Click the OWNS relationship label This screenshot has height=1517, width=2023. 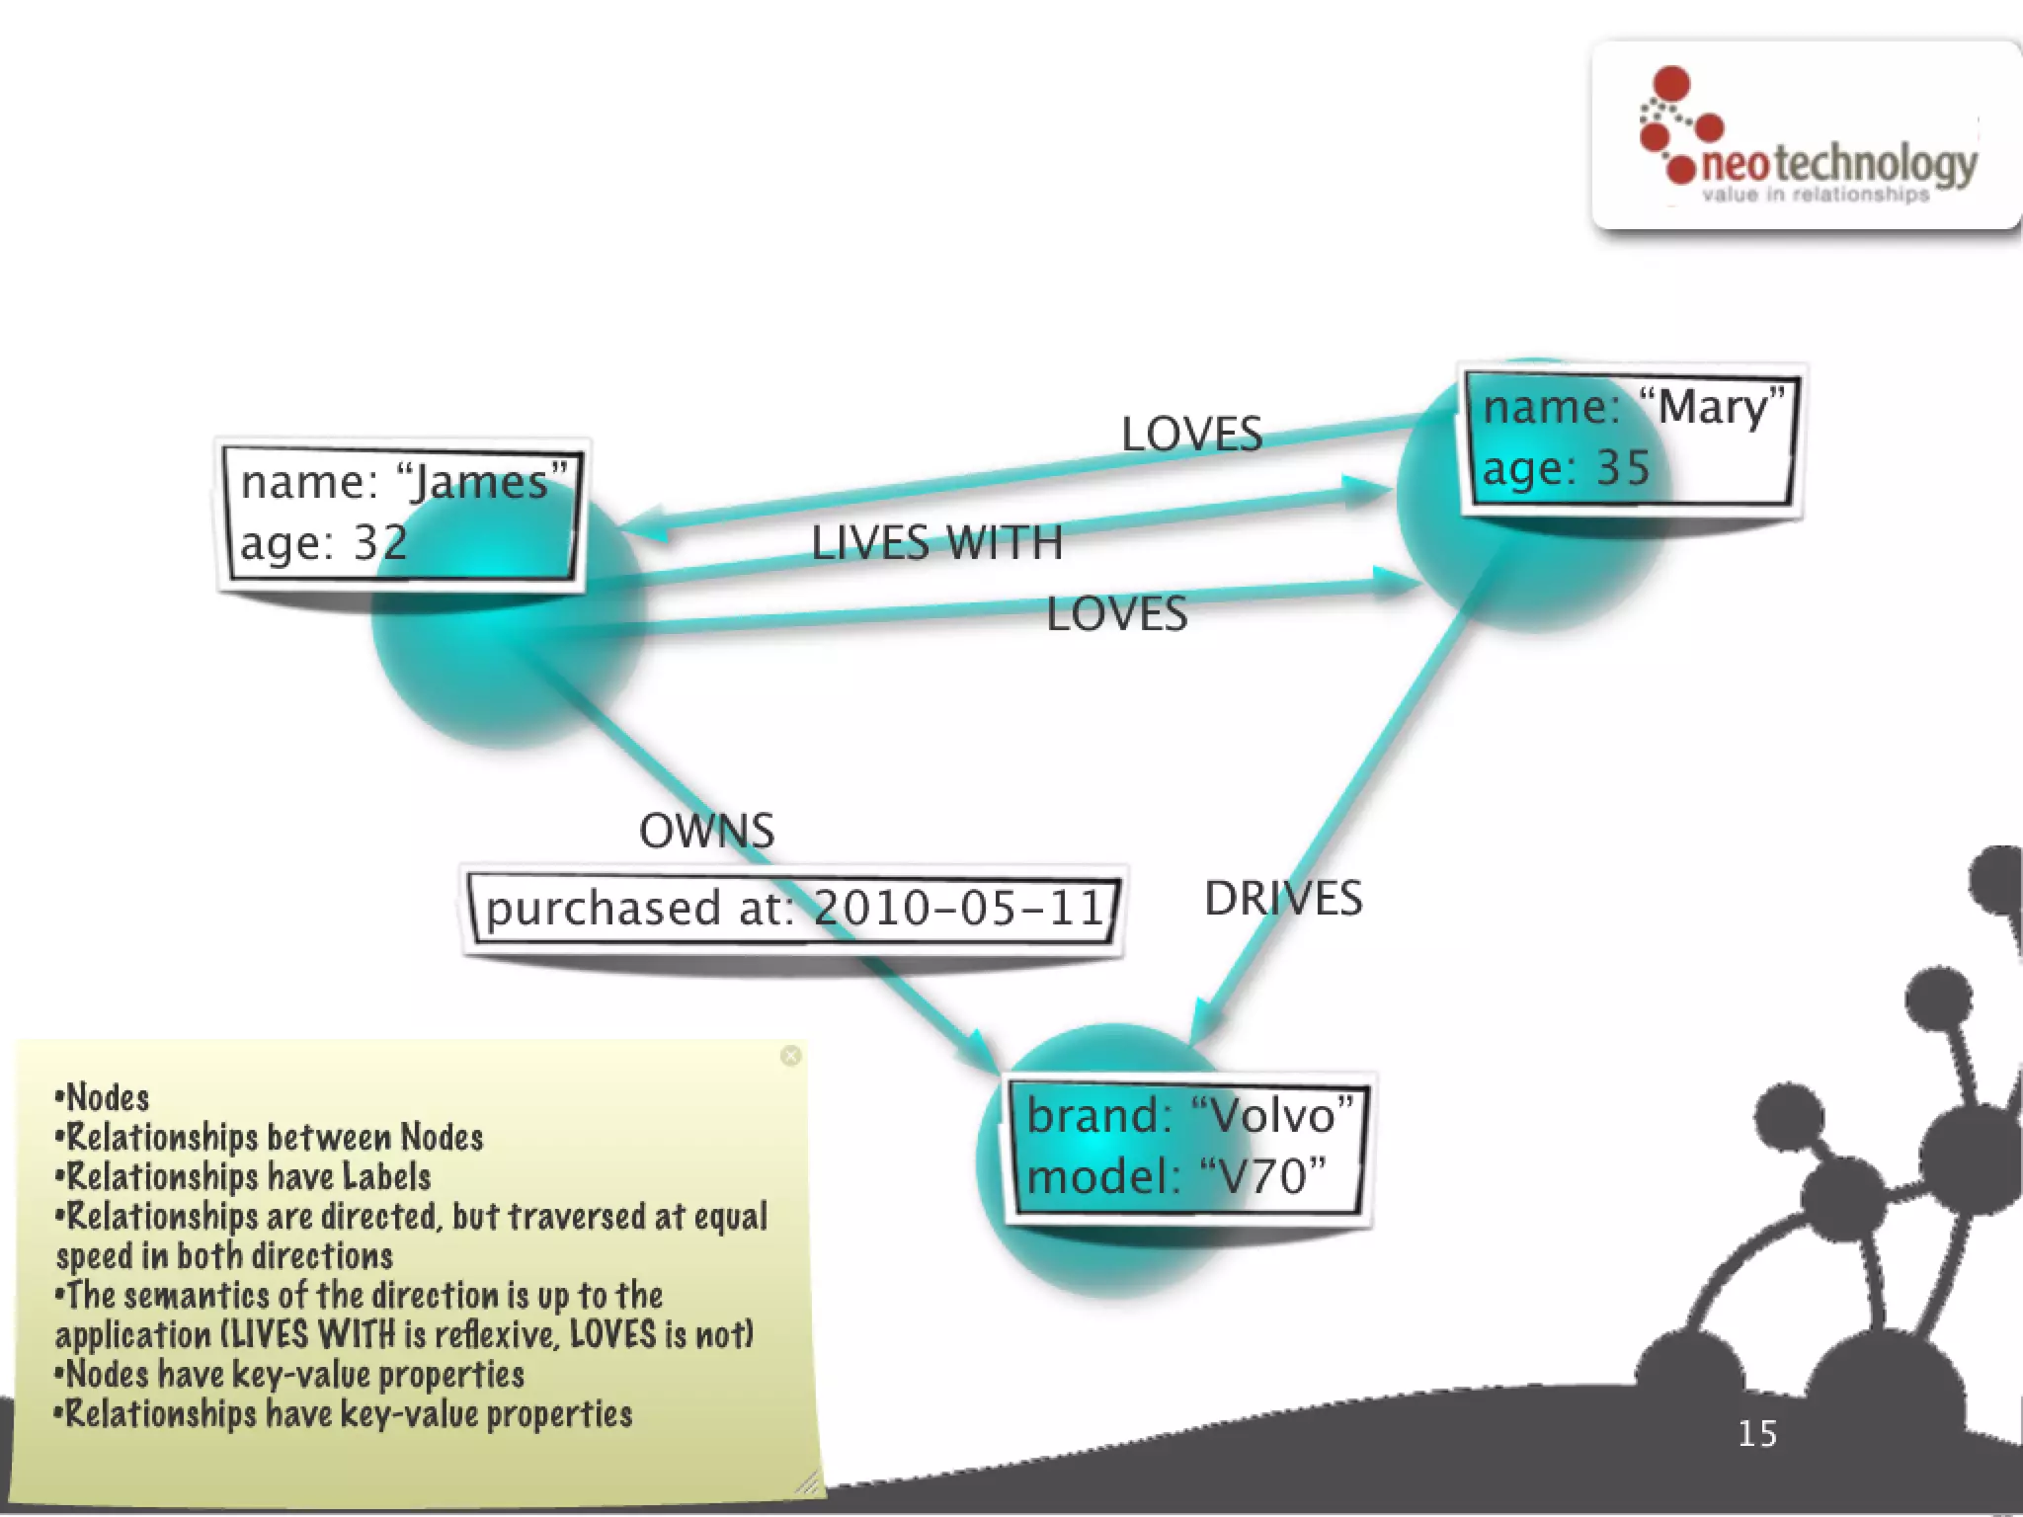[706, 831]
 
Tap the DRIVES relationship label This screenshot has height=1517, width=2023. [1282, 899]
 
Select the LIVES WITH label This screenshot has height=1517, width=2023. [935, 543]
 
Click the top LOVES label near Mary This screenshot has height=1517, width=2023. [1191, 434]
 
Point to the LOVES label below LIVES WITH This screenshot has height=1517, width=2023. [1116, 614]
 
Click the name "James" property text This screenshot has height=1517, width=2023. [404, 482]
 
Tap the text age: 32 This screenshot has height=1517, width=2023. [323, 542]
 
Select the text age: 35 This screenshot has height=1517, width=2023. [1566, 467]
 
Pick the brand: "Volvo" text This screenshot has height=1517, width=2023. [1188, 1115]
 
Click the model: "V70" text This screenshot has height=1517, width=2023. [1175, 1176]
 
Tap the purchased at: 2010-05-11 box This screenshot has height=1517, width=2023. [793, 908]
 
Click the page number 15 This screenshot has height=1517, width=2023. [1756, 1433]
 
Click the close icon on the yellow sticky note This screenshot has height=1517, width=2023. [790, 1056]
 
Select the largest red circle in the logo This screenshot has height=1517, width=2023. [1671, 83]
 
